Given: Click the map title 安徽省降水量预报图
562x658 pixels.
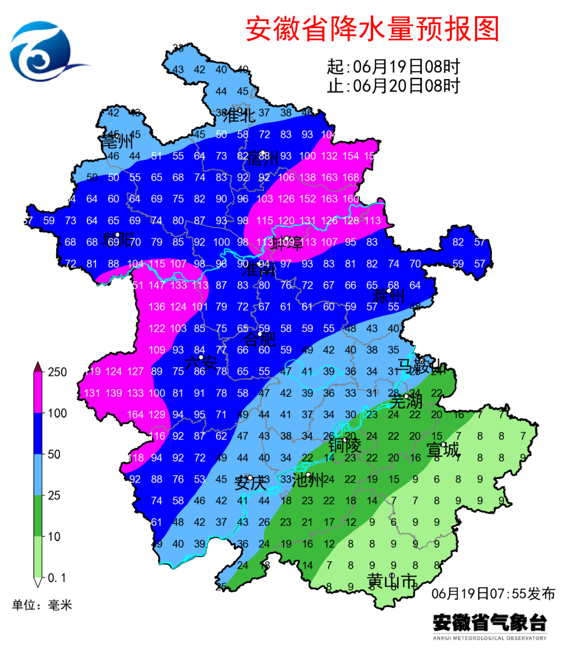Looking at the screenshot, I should [372, 29].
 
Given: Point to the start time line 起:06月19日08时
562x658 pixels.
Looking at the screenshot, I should [393, 67].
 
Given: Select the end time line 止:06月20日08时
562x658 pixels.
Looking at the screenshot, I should [393, 86].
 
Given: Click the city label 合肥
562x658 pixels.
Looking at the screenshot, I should [260, 339].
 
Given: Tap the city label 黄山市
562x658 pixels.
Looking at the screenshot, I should [392, 580].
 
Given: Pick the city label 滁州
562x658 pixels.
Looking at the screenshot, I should [388, 297].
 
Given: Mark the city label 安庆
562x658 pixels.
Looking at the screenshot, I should [251, 483].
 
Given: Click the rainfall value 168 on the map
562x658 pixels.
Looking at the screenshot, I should [351, 178].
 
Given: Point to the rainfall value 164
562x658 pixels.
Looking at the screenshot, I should [135, 415].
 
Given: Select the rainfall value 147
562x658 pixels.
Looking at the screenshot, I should [157, 285].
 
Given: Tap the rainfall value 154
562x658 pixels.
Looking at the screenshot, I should [351, 156].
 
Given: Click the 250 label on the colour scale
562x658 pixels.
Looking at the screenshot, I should [57, 372].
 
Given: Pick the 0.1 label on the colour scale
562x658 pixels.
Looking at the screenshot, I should [57, 578].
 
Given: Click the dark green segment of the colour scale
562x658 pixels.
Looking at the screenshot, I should [38, 515].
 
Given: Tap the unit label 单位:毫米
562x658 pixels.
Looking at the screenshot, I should [42, 605].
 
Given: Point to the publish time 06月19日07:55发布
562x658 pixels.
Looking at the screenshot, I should [493, 593].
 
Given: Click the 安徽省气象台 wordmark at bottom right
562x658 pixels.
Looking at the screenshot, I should [490, 623].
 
